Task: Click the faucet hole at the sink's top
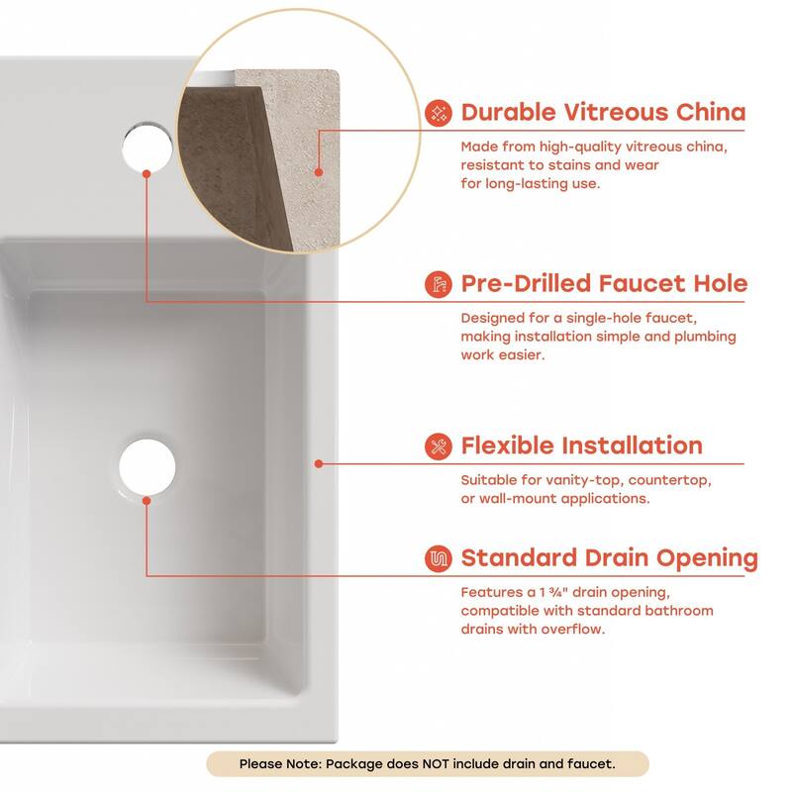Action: [x=148, y=143]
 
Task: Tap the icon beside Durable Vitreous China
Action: [x=437, y=113]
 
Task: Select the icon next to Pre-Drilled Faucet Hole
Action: [x=437, y=285]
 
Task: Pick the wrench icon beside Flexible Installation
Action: [x=437, y=445]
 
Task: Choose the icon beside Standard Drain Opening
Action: [x=437, y=557]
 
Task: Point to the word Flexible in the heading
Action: [x=508, y=445]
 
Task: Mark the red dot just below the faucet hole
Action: [x=147, y=173]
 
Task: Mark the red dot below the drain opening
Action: [x=147, y=501]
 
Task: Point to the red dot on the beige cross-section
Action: [x=318, y=171]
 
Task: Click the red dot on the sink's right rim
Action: [x=318, y=462]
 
